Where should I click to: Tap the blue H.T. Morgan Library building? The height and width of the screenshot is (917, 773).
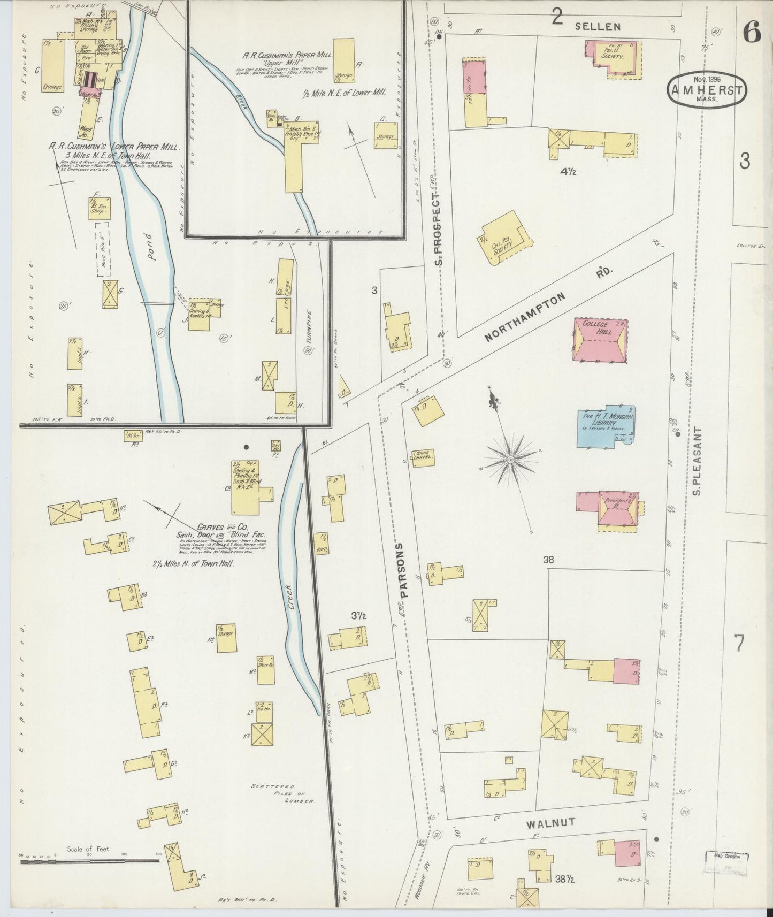(x=604, y=426)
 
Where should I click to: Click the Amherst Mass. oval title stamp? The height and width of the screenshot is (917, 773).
(x=707, y=91)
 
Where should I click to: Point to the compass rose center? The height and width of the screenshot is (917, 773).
(x=511, y=459)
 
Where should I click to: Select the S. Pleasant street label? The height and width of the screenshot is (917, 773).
(x=696, y=460)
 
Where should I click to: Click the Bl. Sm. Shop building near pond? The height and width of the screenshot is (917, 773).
(x=100, y=209)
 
